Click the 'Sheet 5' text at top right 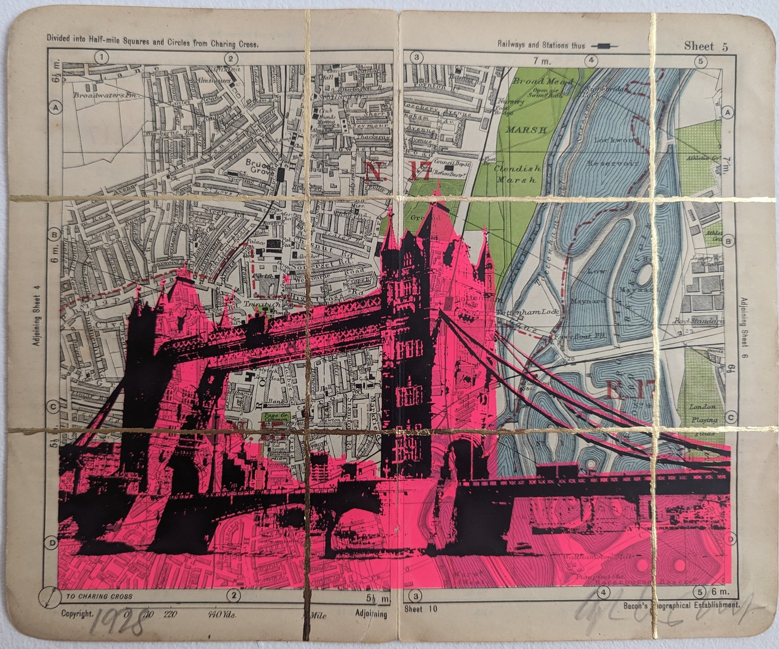click(x=705, y=47)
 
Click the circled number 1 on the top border click(x=102, y=58)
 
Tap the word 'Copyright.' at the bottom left click(x=77, y=614)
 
